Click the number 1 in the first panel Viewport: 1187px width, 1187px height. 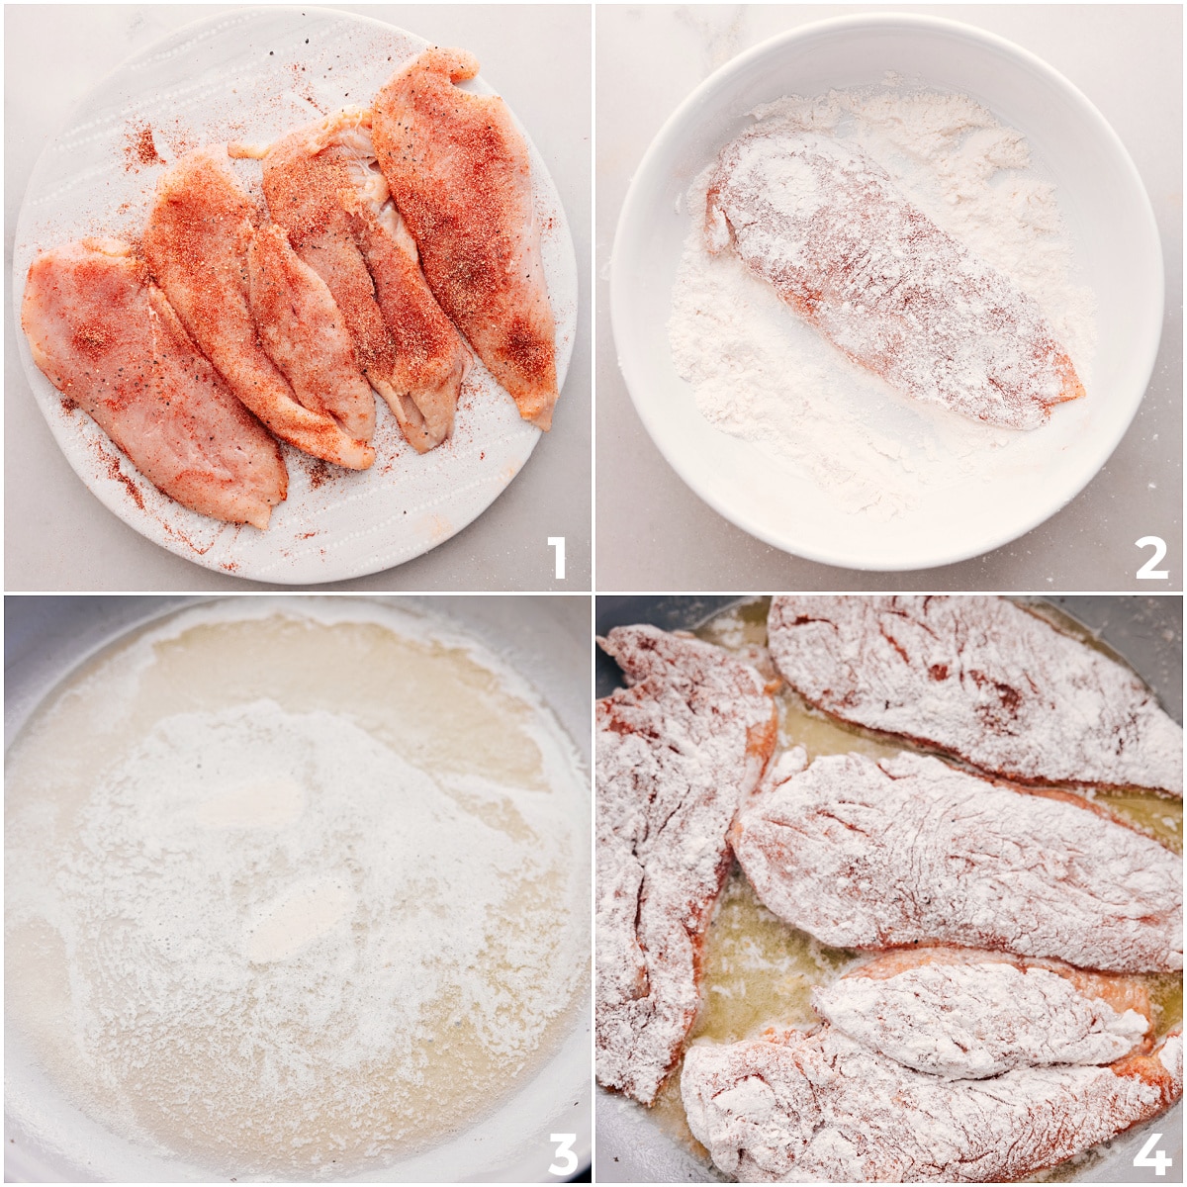557,557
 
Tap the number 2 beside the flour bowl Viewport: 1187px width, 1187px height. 1150,557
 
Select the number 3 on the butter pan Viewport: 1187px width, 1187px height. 562,1153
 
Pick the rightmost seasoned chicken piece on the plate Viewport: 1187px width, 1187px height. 465,228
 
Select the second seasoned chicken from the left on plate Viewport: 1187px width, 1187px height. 247,297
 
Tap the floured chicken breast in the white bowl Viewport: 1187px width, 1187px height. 880,277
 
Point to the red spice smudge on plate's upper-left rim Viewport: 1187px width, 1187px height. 143,148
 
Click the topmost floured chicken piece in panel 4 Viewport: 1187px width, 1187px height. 979,683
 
